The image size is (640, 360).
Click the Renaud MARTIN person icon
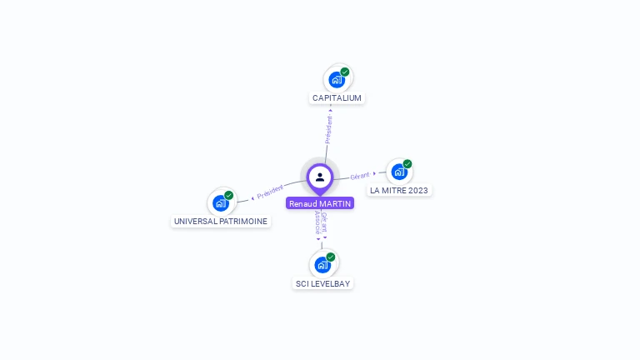320,177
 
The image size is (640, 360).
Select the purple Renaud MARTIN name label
320,203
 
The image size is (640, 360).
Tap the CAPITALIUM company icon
337,80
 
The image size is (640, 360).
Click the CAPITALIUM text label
337,98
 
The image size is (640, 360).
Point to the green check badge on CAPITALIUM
345,72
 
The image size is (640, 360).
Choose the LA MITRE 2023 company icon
399,172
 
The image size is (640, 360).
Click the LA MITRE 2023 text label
399,191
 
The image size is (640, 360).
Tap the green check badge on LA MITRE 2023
407,164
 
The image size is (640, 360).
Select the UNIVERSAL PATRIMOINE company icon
221,202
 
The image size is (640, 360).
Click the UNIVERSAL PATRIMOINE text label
221,222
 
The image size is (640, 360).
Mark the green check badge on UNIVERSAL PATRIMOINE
229,195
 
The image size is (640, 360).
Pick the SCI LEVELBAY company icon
322,265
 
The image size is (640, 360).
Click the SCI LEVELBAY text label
323,284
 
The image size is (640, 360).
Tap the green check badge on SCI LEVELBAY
331,257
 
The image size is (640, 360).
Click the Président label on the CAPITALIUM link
328,129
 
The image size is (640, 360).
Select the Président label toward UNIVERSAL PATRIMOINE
271,192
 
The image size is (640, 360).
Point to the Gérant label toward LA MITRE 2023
360,176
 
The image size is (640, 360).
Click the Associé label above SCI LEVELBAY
317,222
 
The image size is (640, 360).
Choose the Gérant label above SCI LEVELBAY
325,222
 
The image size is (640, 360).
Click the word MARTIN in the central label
335,203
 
